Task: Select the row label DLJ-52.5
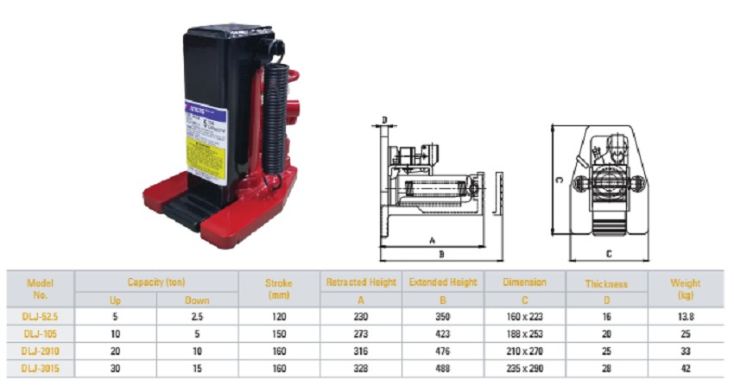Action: click(x=40, y=317)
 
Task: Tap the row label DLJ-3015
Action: click(x=40, y=368)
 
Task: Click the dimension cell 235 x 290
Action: click(x=525, y=368)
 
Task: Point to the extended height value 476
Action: click(x=442, y=351)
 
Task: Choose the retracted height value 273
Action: click(x=360, y=334)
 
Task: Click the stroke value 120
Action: click(x=278, y=317)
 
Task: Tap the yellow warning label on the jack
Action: click(x=207, y=157)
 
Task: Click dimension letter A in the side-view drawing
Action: click(x=431, y=241)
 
